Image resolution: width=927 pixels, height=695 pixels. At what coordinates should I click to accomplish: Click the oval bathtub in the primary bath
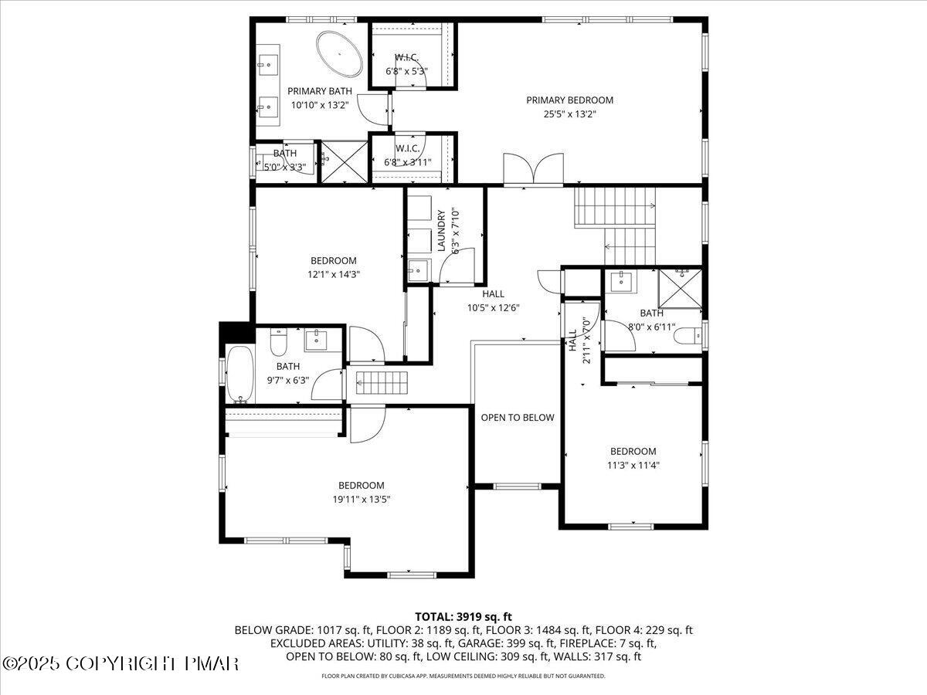[x=339, y=54]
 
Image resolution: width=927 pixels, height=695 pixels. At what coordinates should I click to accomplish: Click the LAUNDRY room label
[x=443, y=231]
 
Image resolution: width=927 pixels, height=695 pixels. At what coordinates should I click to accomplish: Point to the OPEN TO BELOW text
[x=518, y=418]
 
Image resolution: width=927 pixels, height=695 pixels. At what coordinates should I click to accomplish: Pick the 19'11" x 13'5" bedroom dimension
[x=361, y=500]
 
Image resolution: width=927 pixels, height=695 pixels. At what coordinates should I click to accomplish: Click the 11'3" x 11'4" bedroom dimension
[x=633, y=465]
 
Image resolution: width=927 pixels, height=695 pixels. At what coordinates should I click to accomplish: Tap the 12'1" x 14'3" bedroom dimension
[x=334, y=273]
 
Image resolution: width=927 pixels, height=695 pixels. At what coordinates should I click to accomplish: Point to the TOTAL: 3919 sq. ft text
[x=463, y=616]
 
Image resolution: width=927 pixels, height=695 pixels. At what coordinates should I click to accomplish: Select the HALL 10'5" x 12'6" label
[x=494, y=300]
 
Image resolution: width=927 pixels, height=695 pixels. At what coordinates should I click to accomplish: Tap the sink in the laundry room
[x=418, y=270]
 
